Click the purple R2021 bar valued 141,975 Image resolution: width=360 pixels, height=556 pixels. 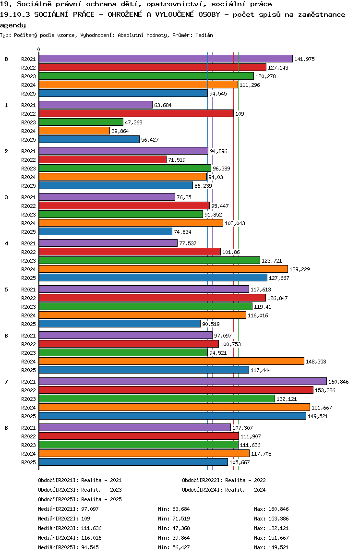coord(165,59)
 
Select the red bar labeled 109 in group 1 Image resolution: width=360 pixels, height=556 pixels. coord(136,113)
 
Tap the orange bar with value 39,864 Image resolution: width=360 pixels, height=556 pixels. coord(74,131)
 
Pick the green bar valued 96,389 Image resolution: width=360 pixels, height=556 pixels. coord(124,168)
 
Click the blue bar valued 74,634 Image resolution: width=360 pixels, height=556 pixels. coord(105,231)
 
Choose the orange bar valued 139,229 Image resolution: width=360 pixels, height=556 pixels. coord(163,269)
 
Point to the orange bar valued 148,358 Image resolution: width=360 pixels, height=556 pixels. coord(171,361)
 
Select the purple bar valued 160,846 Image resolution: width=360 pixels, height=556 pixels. coord(182,381)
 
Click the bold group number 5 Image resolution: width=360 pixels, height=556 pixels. coord(6,290)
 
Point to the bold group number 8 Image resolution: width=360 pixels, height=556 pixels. coord(6,428)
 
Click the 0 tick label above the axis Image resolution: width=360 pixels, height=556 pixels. coord(39,49)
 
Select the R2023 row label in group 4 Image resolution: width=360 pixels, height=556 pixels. coord(28,261)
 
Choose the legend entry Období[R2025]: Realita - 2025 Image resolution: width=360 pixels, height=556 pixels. coord(80,499)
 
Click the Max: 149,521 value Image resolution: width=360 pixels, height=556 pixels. coord(271,547)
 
